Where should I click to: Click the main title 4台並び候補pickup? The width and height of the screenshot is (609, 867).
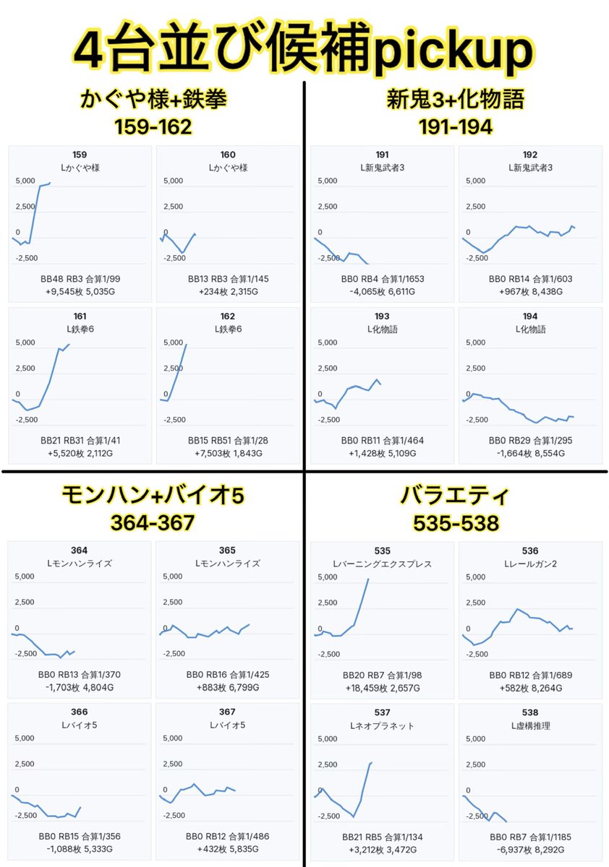(x=304, y=48)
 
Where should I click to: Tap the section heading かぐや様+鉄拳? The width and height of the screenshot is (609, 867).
(x=153, y=99)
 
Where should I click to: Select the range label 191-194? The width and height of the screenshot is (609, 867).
(x=456, y=127)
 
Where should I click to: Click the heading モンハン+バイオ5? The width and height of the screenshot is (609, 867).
(x=153, y=495)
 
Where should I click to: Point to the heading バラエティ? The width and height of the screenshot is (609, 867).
(x=455, y=495)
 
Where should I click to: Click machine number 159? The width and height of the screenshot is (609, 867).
(x=80, y=155)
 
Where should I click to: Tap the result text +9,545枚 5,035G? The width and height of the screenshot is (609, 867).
(x=80, y=291)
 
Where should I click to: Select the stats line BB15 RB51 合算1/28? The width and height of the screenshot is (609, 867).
(x=228, y=441)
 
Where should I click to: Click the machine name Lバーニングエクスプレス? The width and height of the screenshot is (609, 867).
(x=382, y=564)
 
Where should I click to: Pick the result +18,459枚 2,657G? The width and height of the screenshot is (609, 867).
(x=383, y=688)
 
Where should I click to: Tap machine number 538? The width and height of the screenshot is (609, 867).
(x=530, y=712)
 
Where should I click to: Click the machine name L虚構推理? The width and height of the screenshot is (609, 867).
(x=530, y=725)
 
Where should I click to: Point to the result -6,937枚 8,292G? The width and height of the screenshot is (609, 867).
(x=530, y=850)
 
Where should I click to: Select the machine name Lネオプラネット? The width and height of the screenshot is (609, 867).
(x=382, y=725)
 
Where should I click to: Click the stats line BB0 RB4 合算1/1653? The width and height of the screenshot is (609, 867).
(x=383, y=279)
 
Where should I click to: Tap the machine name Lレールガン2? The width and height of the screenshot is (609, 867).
(x=530, y=564)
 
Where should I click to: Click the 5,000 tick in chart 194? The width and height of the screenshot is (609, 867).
(x=476, y=342)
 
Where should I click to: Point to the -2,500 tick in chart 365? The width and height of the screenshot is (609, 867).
(x=174, y=654)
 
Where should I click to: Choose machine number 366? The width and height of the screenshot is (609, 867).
(x=79, y=712)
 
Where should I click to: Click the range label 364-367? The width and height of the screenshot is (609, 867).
(x=153, y=523)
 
